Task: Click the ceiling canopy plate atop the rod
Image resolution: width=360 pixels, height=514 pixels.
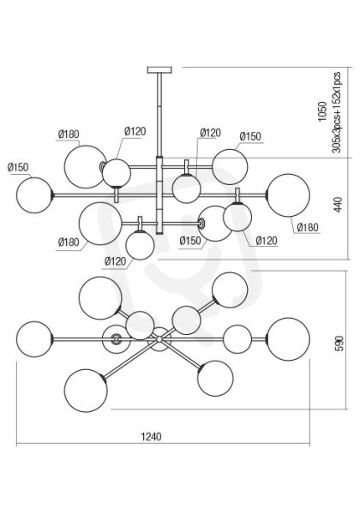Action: click(x=159, y=70)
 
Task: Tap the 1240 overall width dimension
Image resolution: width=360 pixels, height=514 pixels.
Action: click(x=151, y=437)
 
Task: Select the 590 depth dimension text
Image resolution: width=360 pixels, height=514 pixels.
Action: click(x=340, y=344)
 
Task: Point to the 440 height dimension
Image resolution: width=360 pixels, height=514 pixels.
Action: click(x=338, y=205)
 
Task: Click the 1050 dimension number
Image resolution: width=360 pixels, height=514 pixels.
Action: click(x=322, y=111)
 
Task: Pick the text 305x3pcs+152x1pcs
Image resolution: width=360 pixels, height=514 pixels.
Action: click(x=336, y=112)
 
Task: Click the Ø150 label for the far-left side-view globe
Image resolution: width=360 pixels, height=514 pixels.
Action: click(x=18, y=168)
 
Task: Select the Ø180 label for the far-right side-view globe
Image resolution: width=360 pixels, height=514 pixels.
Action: click(x=308, y=227)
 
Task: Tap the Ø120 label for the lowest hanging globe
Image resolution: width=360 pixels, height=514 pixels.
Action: click(x=115, y=261)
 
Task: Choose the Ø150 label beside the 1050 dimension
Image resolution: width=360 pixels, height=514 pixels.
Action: click(x=250, y=136)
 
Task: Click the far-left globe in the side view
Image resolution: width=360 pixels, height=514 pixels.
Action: click(x=34, y=195)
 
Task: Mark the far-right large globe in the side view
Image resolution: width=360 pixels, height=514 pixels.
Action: click(x=288, y=195)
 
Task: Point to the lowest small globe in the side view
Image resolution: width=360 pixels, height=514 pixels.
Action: click(x=140, y=245)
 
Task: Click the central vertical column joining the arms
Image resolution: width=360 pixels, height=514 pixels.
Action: click(x=159, y=195)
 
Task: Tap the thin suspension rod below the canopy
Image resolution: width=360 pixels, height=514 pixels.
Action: click(x=159, y=115)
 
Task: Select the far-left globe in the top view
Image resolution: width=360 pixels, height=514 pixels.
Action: click(x=34, y=339)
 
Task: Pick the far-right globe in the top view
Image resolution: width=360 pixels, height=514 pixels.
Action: click(x=288, y=339)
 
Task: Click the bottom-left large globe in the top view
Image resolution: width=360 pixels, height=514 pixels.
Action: click(x=86, y=391)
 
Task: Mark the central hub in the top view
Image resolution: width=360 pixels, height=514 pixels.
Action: click(x=159, y=339)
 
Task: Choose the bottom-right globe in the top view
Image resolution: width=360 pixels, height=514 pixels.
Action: click(x=215, y=379)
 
